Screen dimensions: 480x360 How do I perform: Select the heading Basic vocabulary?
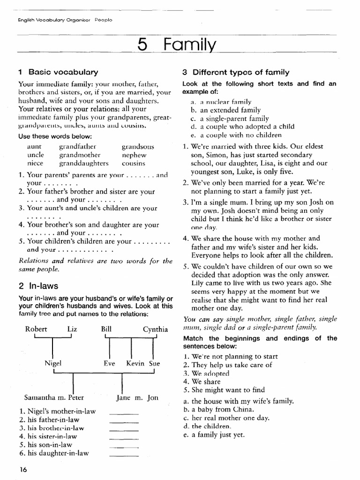(63, 72)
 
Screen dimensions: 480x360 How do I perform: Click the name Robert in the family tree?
(36, 329)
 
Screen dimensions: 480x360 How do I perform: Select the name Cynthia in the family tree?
(155, 329)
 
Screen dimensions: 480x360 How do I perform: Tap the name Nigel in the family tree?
(53, 363)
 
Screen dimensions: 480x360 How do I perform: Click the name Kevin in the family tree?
(135, 363)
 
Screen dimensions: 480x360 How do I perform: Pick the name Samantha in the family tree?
(38, 397)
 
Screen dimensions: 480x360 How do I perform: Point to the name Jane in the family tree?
(124, 397)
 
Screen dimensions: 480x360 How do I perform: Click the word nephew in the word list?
(134, 155)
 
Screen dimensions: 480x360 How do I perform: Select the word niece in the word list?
(35, 163)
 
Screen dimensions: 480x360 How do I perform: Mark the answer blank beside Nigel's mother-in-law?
(124, 413)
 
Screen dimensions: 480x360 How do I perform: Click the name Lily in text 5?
(198, 283)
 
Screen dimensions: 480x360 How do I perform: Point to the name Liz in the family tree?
(72, 329)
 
